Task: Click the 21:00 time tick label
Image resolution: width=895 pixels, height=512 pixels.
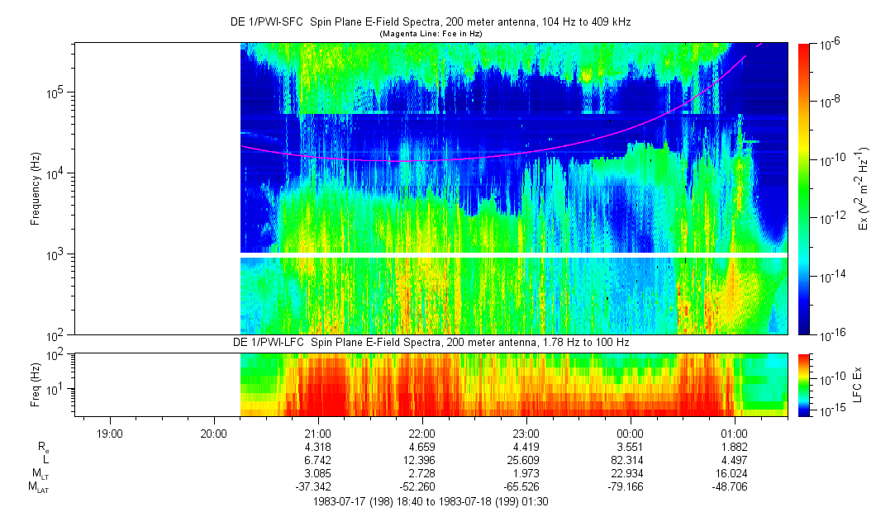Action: (x=318, y=433)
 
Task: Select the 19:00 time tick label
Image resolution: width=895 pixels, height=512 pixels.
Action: (x=110, y=433)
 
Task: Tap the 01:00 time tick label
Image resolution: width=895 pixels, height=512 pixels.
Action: (x=735, y=433)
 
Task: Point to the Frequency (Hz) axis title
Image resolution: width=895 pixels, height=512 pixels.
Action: (x=36, y=189)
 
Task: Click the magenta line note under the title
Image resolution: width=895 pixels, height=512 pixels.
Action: (x=431, y=34)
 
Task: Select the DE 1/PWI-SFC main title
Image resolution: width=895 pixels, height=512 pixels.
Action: (x=431, y=22)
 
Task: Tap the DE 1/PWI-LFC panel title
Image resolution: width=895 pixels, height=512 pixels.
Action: (x=431, y=342)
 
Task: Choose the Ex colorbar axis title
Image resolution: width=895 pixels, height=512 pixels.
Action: (x=863, y=189)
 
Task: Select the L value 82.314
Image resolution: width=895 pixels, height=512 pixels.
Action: (x=631, y=459)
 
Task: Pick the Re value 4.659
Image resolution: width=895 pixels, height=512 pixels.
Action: (x=422, y=447)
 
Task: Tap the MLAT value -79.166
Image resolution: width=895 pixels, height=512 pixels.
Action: (x=631, y=486)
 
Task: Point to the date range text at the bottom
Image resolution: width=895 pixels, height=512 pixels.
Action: (x=431, y=500)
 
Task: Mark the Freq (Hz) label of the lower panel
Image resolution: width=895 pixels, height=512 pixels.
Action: (x=36, y=384)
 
